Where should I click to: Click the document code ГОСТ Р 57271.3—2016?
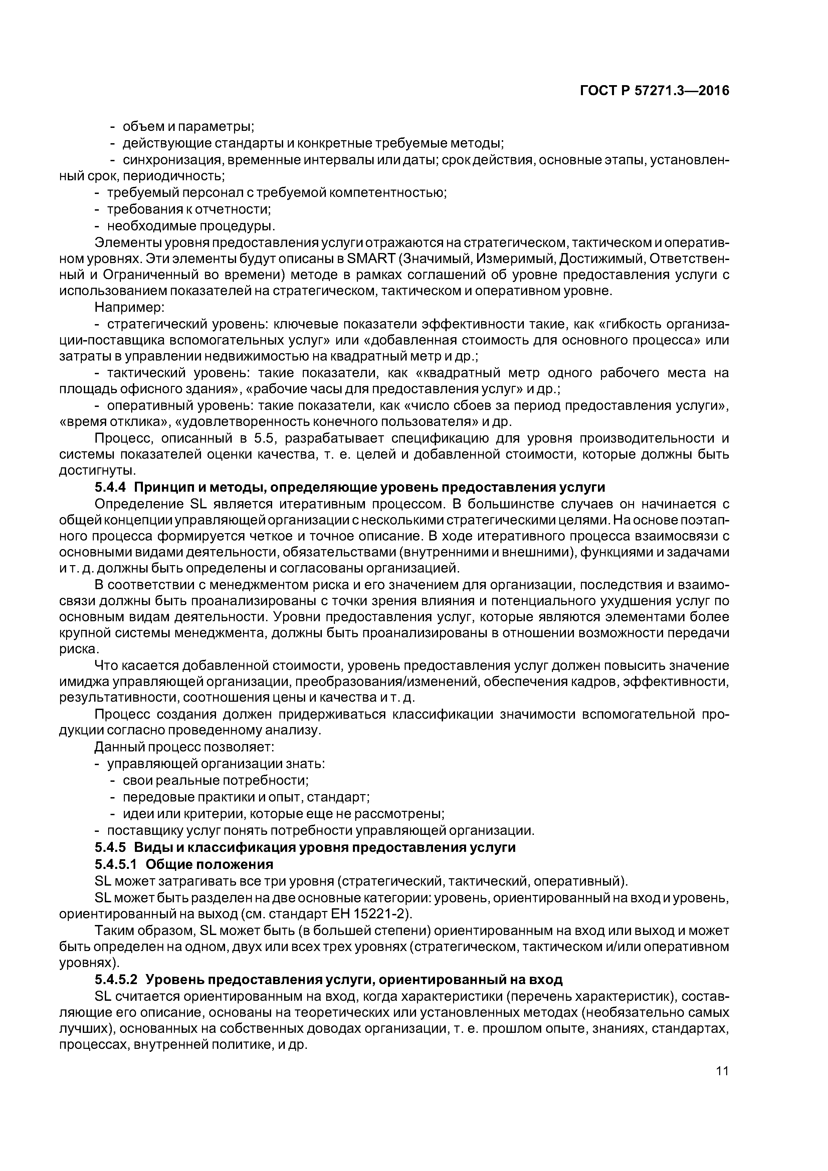coord(654,91)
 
